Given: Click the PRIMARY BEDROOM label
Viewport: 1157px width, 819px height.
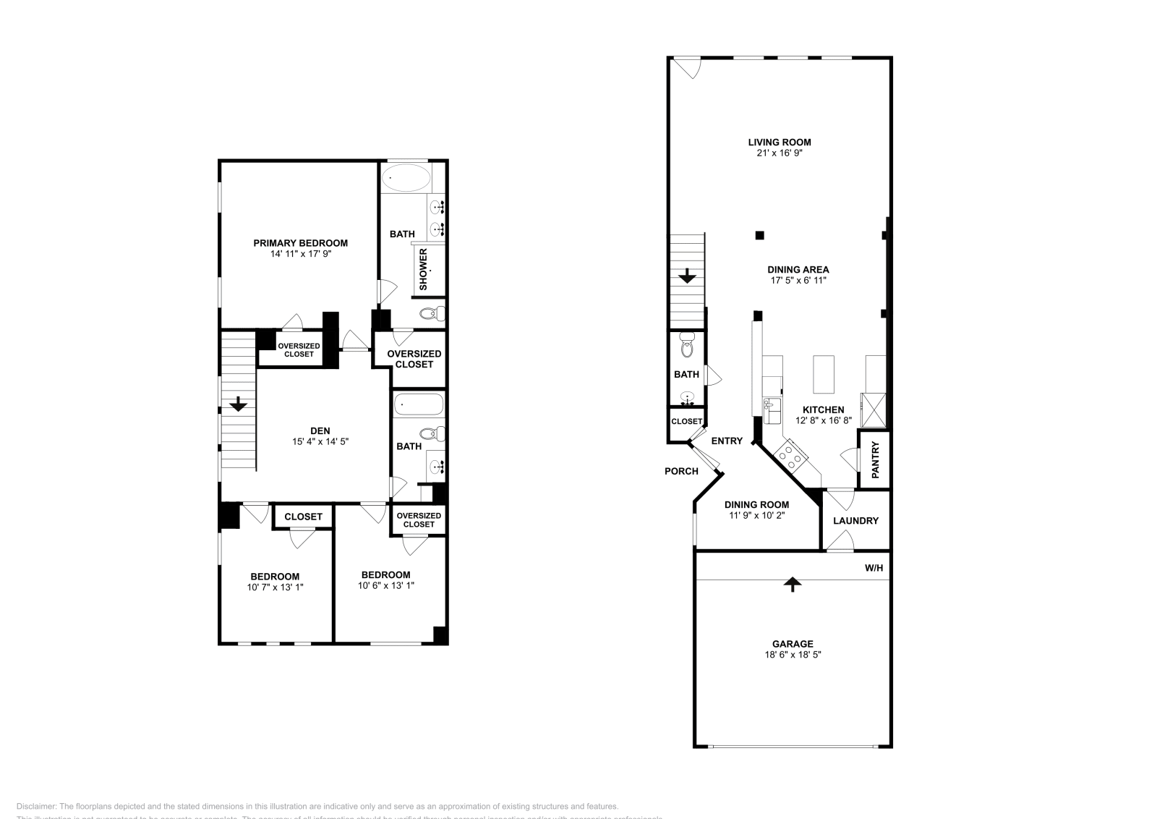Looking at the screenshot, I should (x=300, y=243).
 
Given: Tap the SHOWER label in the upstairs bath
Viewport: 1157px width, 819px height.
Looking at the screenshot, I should (x=424, y=270).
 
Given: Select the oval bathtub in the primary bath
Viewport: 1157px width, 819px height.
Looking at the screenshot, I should (x=406, y=177).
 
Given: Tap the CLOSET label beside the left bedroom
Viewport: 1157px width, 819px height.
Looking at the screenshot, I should (x=303, y=517).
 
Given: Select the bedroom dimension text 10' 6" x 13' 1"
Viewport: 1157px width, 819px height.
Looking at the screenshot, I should (x=386, y=585).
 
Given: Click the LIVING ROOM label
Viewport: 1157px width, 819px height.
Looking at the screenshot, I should (x=779, y=143).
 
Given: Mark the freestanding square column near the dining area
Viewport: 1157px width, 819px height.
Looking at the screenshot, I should (x=759, y=234).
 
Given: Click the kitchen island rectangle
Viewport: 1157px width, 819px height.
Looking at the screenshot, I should (x=824, y=373).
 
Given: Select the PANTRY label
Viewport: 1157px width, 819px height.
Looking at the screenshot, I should (x=874, y=459).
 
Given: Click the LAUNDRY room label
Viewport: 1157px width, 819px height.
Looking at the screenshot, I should (x=855, y=521).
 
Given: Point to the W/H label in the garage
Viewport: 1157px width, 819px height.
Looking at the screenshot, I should (x=874, y=568).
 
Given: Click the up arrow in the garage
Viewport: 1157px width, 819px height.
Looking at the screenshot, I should (x=793, y=584).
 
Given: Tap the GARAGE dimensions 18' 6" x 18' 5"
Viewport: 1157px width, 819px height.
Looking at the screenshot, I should (x=793, y=654).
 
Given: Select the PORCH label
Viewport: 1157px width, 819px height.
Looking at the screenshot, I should (x=681, y=471).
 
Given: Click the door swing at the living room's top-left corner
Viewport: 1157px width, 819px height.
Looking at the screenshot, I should (x=688, y=68).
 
